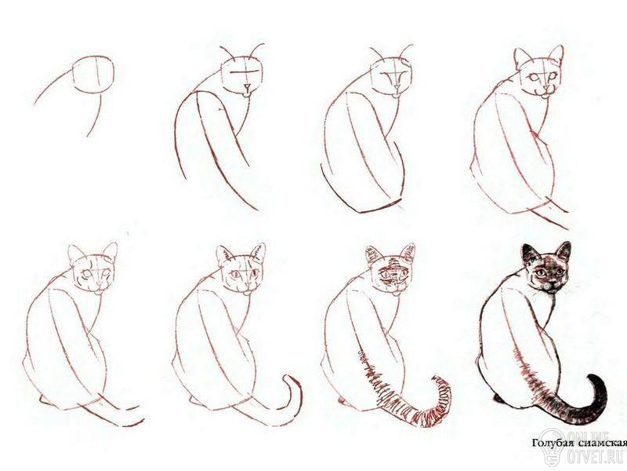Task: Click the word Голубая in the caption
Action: [x=550, y=444]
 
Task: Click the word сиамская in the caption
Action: [x=600, y=443]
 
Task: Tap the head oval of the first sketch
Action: [x=93, y=75]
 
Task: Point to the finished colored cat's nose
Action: [x=550, y=283]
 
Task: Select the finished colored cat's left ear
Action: [x=530, y=253]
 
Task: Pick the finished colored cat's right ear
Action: [x=564, y=251]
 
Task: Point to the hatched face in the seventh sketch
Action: [x=392, y=274]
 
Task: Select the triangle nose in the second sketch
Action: [x=248, y=87]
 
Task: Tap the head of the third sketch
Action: [x=390, y=77]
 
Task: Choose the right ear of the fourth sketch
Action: [x=556, y=55]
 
